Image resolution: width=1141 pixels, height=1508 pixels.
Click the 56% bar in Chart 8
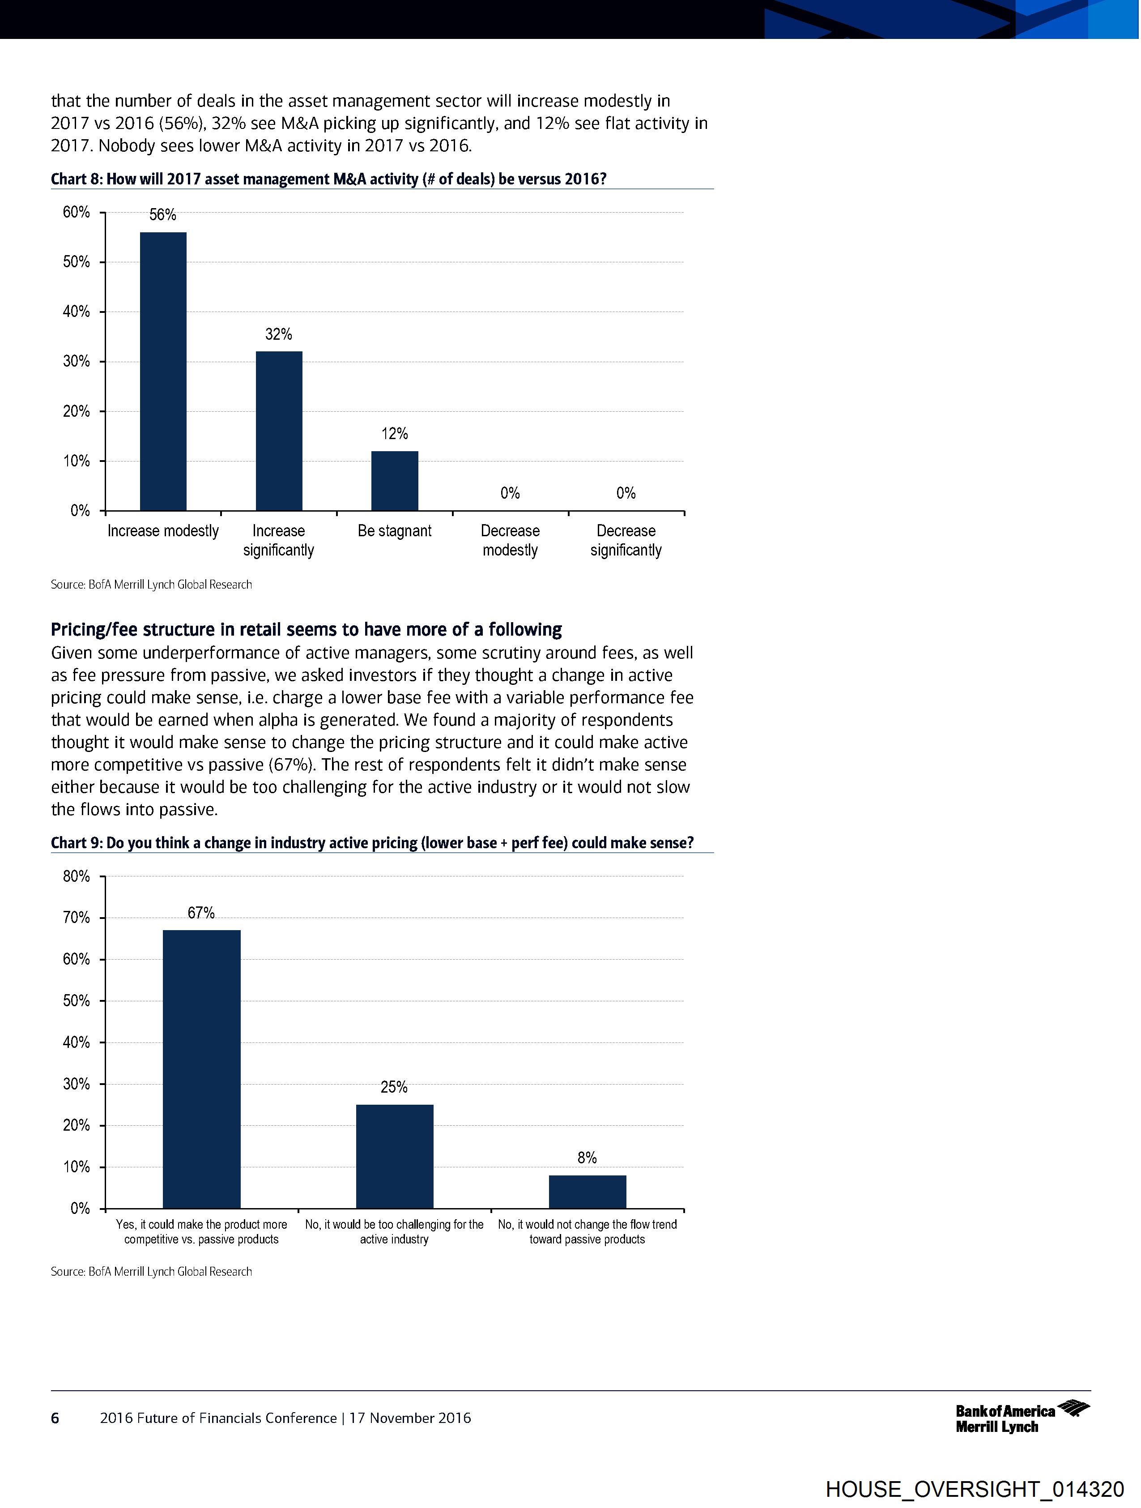coord(163,372)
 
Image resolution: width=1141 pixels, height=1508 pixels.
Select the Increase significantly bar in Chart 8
coord(279,431)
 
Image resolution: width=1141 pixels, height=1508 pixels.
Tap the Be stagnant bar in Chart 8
coord(395,481)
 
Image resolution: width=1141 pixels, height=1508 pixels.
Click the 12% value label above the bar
coord(395,434)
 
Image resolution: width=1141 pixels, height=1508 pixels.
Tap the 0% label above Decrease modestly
coord(510,493)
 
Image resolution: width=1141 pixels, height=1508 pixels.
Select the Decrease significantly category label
coord(626,540)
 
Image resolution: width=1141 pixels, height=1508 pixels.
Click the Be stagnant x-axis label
coord(395,530)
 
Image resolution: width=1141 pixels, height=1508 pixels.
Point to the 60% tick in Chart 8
coord(77,212)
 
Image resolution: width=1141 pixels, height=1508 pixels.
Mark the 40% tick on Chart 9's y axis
coord(77,1042)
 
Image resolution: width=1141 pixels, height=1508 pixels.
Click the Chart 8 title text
coord(328,179)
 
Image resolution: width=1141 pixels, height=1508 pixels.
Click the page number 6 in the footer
coord(55,1418)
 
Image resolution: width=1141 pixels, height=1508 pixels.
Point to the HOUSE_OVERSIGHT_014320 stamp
coord(974,1488)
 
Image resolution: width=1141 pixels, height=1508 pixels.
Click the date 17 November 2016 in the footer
coord(410,1418)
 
